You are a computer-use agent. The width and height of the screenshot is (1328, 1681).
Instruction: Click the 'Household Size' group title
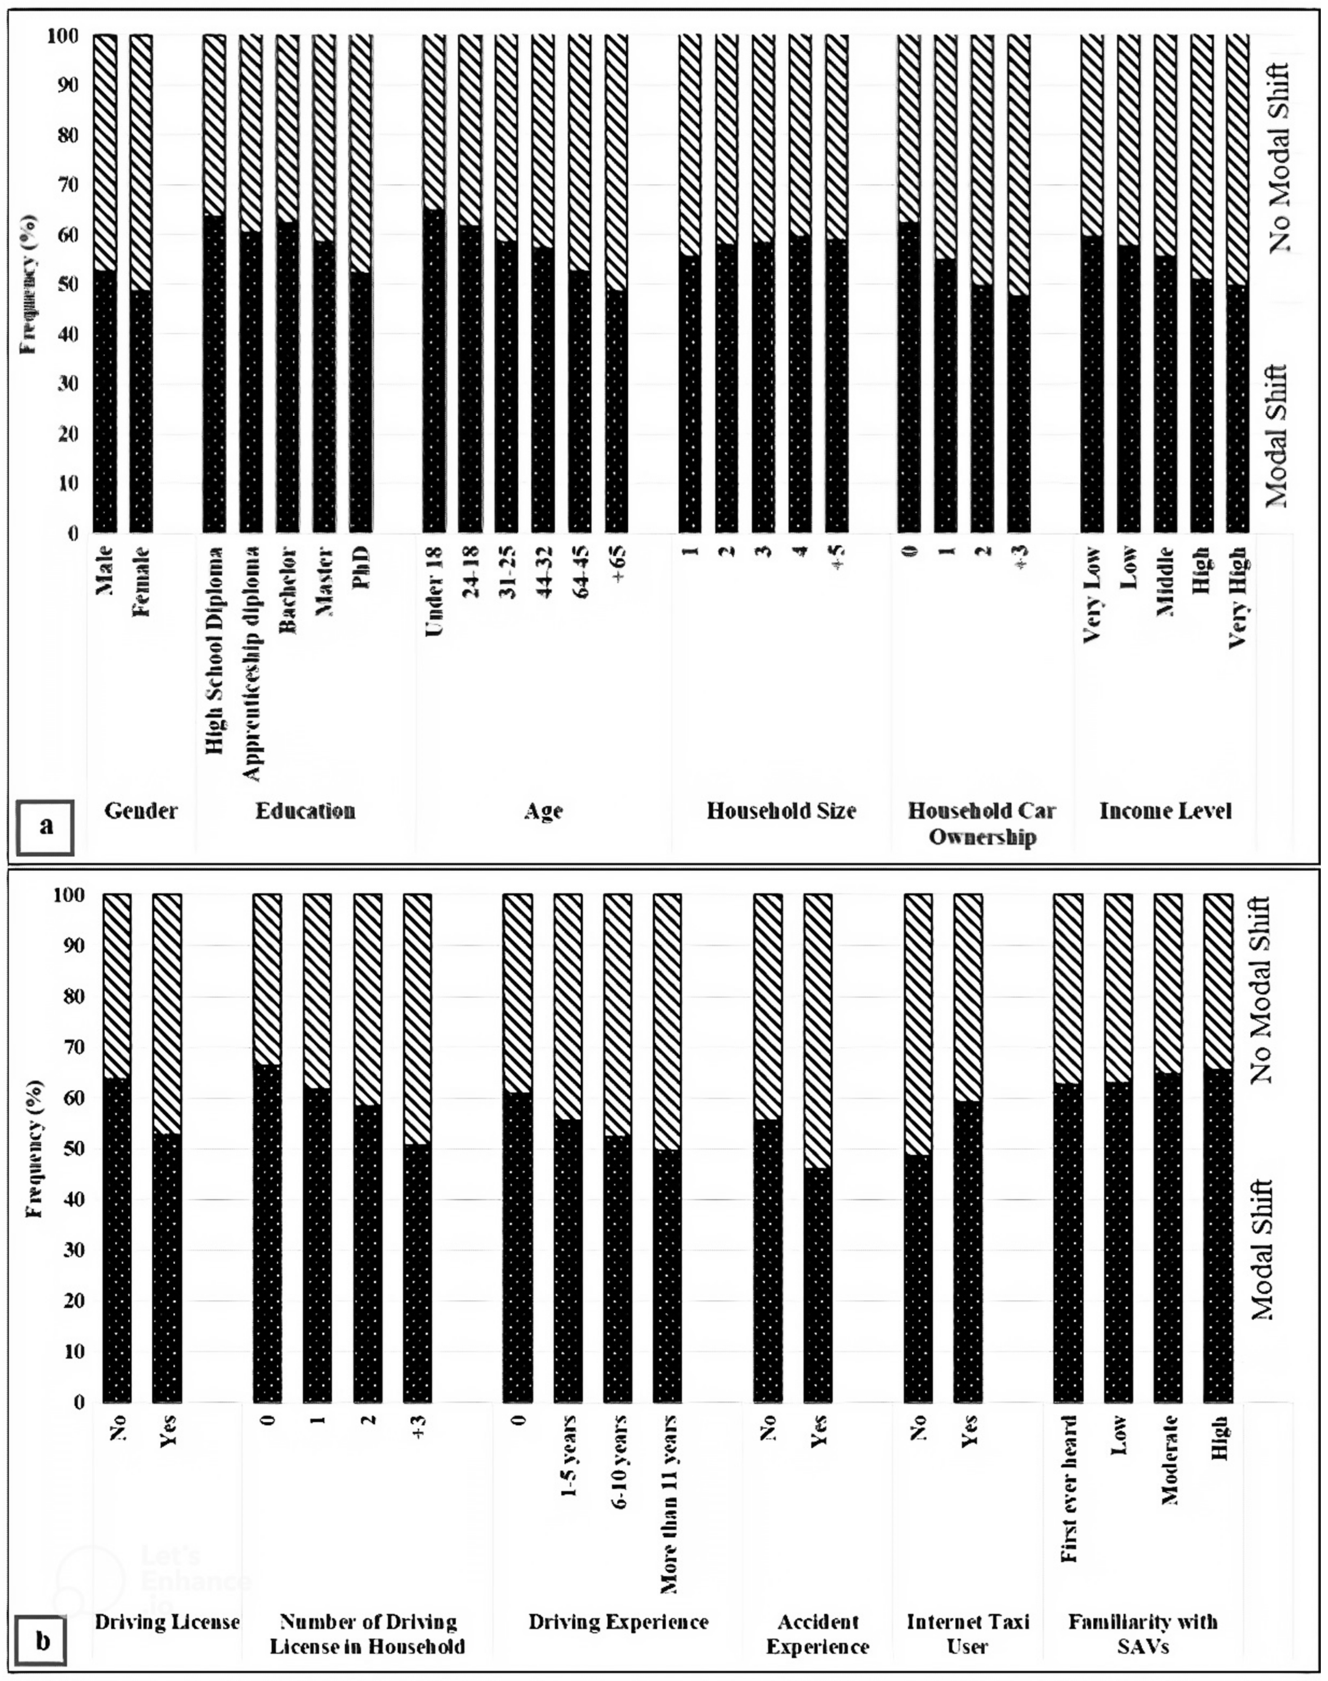coord(781,811)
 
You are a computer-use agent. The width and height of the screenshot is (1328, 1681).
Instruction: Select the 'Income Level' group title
coord(1165,811)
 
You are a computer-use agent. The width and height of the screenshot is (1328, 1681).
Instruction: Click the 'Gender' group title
coord(141,811)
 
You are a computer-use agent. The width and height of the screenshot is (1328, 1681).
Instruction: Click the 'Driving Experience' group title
coord(618,1621)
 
